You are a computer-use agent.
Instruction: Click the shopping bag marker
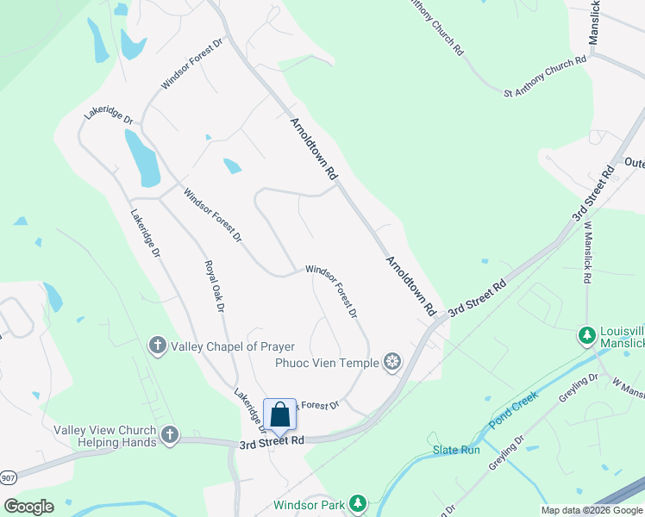coord(279,414)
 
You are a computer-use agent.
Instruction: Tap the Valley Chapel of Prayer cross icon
coord(157,346)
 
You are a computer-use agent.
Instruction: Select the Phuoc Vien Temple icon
coord(392,363)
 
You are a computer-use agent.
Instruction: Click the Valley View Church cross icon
coord(169,436)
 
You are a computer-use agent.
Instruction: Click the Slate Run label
coord(455,451)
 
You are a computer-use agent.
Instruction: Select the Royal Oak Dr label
coord(215,286)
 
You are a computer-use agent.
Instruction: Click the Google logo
coord(28,507)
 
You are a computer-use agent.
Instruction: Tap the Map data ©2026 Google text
coord(592,510)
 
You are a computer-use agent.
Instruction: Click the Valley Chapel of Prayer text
coord(233,346)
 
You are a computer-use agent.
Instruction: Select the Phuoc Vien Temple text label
coord(327,363)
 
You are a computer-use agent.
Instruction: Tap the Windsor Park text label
coord(309,505)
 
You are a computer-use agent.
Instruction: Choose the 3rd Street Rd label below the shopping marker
coord(272,441)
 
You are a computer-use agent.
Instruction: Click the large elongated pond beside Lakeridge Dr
coord(141,159)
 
